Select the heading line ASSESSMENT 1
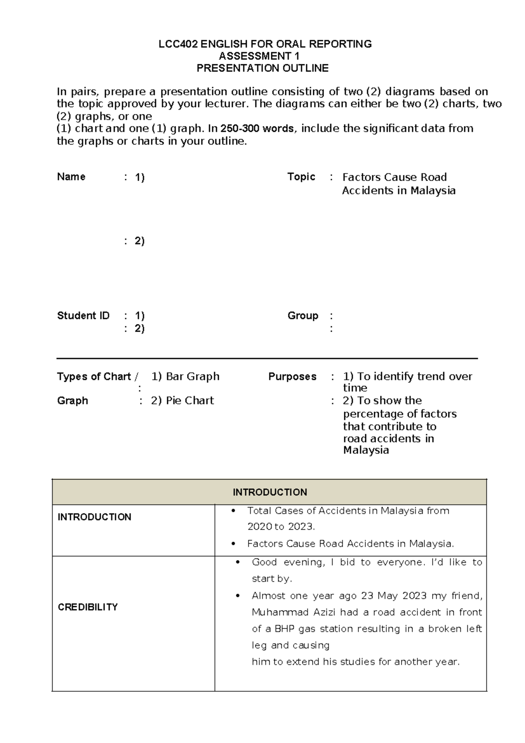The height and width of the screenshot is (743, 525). tap(259, 56)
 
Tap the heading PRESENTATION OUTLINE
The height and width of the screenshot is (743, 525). tap(262, 68)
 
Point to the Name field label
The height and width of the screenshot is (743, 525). tap(71, 177)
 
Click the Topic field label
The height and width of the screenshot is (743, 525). tap(301, 177)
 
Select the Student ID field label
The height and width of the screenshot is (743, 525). tap(83, 316)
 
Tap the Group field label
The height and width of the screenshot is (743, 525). tap(303, 316)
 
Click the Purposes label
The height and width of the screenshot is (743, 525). tap(292, 377)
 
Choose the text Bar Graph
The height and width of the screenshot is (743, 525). tap(192, 377)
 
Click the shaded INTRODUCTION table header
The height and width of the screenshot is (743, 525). tap(269, 492)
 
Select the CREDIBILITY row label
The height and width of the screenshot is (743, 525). tap(87, 607)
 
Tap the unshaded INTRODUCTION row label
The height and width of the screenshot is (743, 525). tap(94, 517)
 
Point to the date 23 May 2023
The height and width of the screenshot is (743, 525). tap(394, 596)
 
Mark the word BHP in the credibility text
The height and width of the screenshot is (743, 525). tap(284, 629)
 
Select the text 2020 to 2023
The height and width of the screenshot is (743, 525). tap(281, 527)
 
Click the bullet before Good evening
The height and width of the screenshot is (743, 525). tap(238, 562)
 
